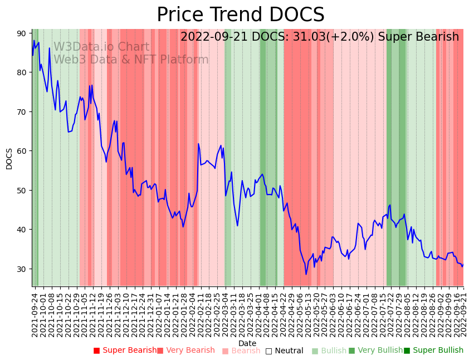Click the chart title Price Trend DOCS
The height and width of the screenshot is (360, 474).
(x=240, y=15)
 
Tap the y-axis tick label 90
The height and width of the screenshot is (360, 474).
(x=21, y=33)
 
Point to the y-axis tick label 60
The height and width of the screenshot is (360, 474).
(x=21, y=151)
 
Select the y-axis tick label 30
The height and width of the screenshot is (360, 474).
(x=21, y=269)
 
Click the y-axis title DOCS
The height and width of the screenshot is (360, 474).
(x=9, y=158)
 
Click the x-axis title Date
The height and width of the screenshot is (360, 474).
(x=247, y=344)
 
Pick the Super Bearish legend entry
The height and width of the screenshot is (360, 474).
(x=125, y=351)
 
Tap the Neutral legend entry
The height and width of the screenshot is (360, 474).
(x=284, y=351)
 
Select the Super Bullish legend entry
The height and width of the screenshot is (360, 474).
(x=433, y=351)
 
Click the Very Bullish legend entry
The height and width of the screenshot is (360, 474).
(x=375, y=351)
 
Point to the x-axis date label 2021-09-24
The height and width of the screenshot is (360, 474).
(x=35, y=312)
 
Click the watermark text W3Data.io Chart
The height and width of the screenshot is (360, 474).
(x=101, y=47)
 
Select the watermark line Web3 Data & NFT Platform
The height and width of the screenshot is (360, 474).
(x=131, y=60)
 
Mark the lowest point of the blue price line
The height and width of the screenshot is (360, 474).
(x=306, y=274)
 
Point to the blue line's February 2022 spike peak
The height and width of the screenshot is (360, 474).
(x=198, y=144)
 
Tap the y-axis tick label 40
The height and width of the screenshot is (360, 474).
(x=21, y=230)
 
